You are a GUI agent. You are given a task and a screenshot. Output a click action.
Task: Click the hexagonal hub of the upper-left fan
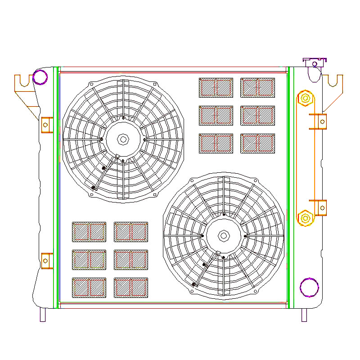[x=123, y=139]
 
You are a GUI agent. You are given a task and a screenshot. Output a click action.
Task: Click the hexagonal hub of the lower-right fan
[x=224, y=235]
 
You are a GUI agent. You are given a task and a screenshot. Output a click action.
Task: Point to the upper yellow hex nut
[x=305, y=98]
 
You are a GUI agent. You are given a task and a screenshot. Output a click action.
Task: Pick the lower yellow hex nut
[x=305, y=218]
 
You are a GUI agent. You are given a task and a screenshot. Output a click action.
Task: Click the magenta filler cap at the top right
[x=314, y=62]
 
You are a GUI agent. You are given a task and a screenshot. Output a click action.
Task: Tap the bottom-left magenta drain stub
[x=43, y=315]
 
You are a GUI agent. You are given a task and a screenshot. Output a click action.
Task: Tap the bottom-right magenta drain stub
[x=304, y=315]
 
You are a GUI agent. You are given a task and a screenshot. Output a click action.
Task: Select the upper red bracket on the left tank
[x=46, y=125]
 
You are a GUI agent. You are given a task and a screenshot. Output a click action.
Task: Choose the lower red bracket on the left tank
[x=46, y=261]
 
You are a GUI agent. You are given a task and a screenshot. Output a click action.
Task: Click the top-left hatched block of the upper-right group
[x=216, y=87]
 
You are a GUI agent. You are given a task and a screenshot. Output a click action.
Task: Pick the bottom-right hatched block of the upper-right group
[x=257, y=143]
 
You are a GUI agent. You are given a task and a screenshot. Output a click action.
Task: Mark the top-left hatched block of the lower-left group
[x=89, y=232]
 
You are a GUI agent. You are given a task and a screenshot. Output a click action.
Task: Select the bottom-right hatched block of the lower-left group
[x=131, y=288]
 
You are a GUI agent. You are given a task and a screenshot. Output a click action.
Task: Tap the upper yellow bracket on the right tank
[x=321, y=121]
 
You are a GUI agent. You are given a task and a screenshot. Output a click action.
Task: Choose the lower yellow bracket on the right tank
[x=321, y=208]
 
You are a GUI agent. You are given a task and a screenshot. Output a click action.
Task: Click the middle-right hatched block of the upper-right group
[x=257, y=116]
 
